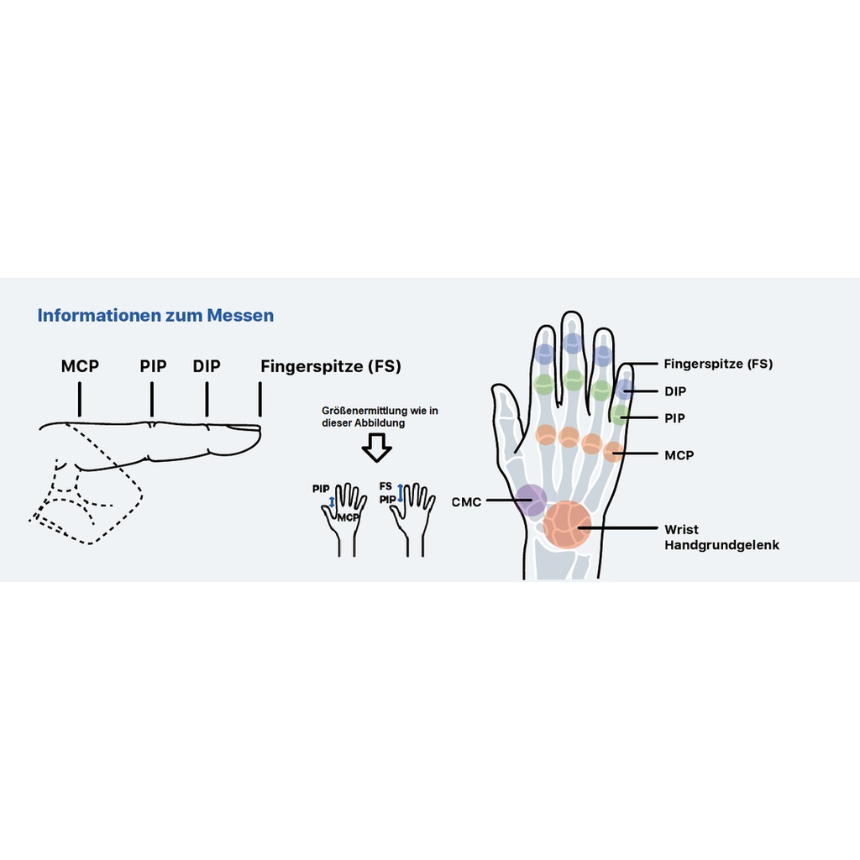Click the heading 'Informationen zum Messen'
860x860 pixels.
[x=155, y=316]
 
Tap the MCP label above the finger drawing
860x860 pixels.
[x=80, y=366]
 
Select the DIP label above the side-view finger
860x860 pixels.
[x=207, y=366]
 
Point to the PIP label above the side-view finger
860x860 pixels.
[x=153, y=366]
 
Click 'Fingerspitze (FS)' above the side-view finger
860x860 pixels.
[x=331, y=366]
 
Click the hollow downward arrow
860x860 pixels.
[x=377, y=448]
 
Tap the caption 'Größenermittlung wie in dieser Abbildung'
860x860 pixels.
[x=380, y=417]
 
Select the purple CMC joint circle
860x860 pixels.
[x=531, y=501]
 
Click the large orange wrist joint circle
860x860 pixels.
[x=568, y=525]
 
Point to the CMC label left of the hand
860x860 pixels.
[x=466, y=502]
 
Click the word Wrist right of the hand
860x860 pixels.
[x=681, y=529]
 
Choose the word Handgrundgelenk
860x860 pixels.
[x=721, y=545]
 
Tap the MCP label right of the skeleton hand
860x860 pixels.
[x=679, y=455]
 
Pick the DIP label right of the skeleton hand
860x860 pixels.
[x=675, y=391]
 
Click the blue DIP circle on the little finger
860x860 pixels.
[x=624, y=389]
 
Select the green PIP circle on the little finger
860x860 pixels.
[x=620, y=413]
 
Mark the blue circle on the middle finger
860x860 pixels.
[x=573, y=343]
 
